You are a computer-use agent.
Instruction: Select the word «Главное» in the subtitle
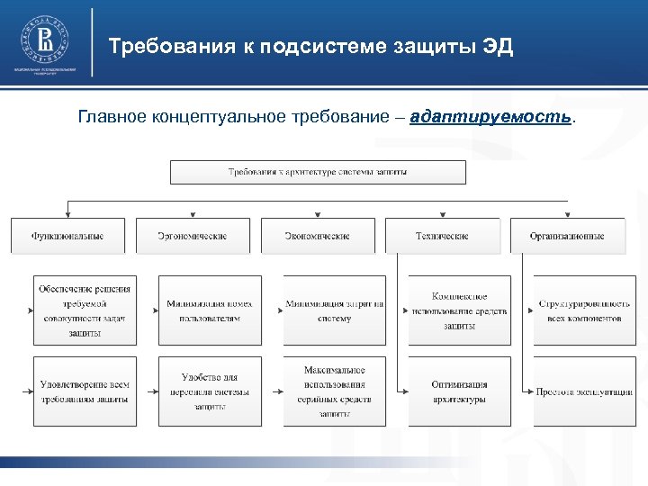tap(112, 117)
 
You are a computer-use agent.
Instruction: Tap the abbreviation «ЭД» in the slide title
tap(494, 47)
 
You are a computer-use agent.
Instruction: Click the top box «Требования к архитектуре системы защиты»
tap(318, 172)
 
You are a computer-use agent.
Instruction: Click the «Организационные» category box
tap(567, 236)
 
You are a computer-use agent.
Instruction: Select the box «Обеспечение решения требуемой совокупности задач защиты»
tap(85, 310)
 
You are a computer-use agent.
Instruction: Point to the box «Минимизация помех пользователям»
tap(210, 310)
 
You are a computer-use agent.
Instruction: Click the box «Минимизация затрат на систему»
tap(335, 310)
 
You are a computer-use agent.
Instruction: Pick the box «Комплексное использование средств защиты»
tap(459, 310)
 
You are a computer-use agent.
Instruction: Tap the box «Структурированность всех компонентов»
tap(585, 310)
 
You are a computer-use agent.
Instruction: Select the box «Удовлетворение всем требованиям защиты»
tap(85, 391)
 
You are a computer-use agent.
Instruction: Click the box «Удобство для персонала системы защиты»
tap(210, 391)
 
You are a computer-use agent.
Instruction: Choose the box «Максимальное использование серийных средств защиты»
tap(335, 391)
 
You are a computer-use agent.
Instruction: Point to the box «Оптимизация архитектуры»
tap(459, 391)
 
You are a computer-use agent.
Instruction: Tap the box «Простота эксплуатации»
tap(585, 391)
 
